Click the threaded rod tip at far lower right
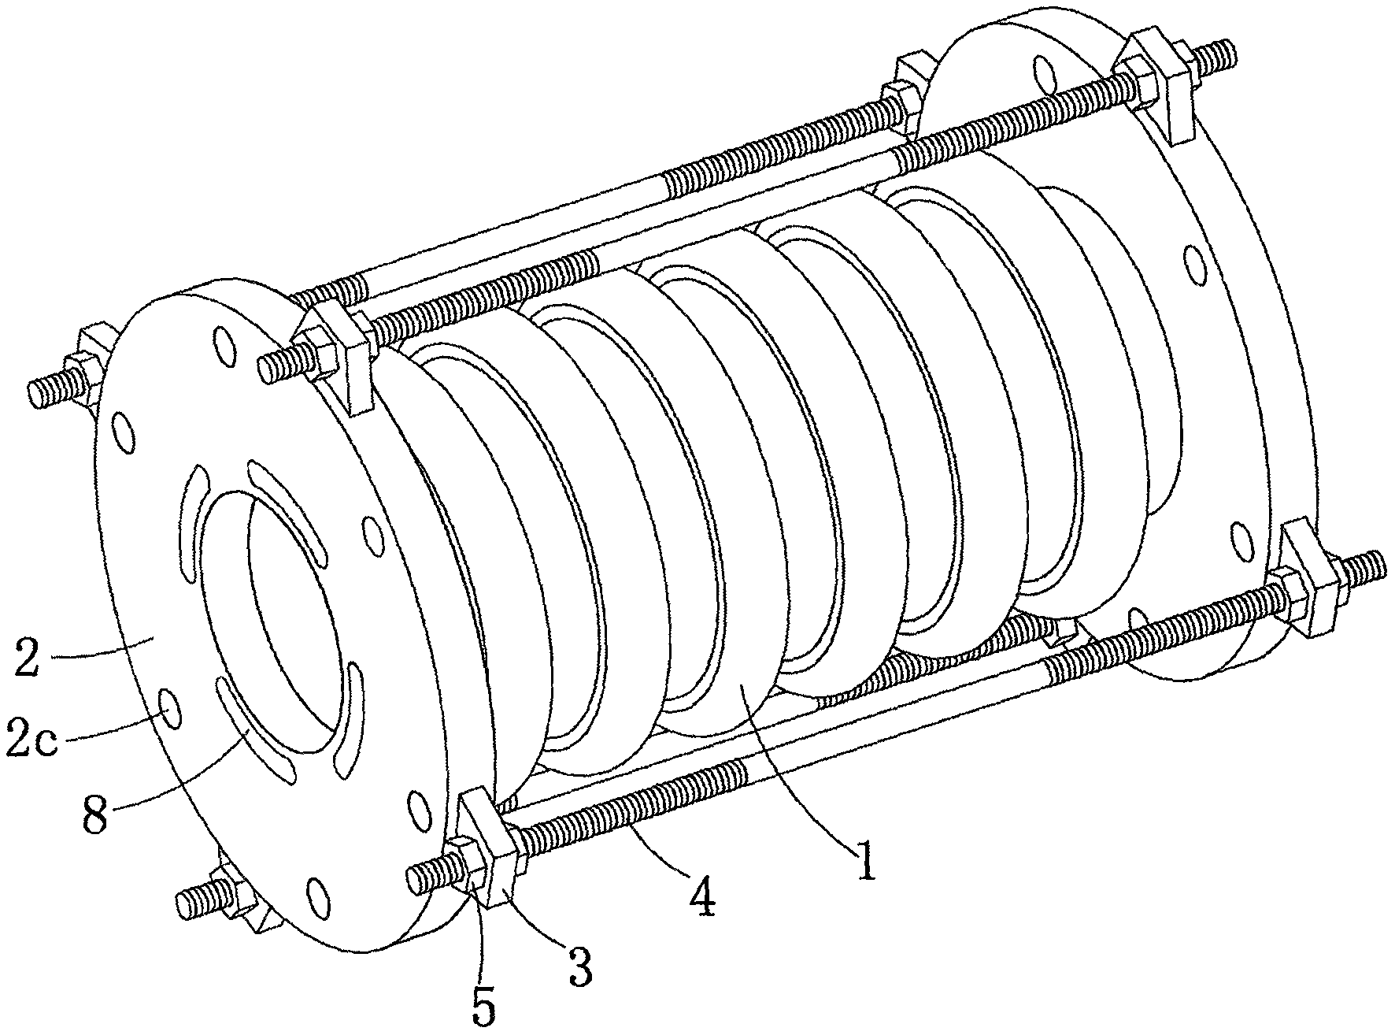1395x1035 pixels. [1376, 562]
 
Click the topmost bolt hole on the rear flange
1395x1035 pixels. [1041, 69]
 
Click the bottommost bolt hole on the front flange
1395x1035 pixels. [316, 895]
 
